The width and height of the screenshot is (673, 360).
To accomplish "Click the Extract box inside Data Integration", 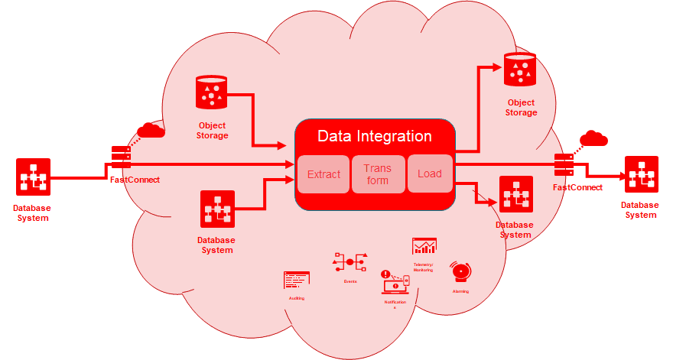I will click(323, 174).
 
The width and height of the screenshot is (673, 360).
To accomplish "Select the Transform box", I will click(377, 174).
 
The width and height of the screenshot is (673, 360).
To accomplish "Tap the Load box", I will click(430, 174).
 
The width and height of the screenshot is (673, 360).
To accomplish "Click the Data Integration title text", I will click(375, 136).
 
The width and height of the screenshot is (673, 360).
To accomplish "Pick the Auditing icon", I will click(296, 281).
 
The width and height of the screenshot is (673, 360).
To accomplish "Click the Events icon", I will click(350, 262).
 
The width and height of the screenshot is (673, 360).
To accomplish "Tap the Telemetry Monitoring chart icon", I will click(424, 246).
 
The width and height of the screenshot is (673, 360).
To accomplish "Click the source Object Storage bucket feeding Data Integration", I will click(212, 92).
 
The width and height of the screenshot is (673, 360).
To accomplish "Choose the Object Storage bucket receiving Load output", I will click(520, 70).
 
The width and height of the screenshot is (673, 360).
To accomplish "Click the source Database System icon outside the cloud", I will click(34, 177).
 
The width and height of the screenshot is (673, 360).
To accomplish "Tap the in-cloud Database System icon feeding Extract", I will click(217, 209).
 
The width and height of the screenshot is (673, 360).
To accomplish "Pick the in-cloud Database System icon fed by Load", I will click(515, 195).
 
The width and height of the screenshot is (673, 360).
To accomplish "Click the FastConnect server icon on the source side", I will click(121, 157).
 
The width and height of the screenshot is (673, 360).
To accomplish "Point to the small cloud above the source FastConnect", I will click(151, 130).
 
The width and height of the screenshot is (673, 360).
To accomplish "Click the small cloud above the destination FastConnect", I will click(593, 138).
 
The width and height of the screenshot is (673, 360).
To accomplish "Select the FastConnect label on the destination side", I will click(577, 187).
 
